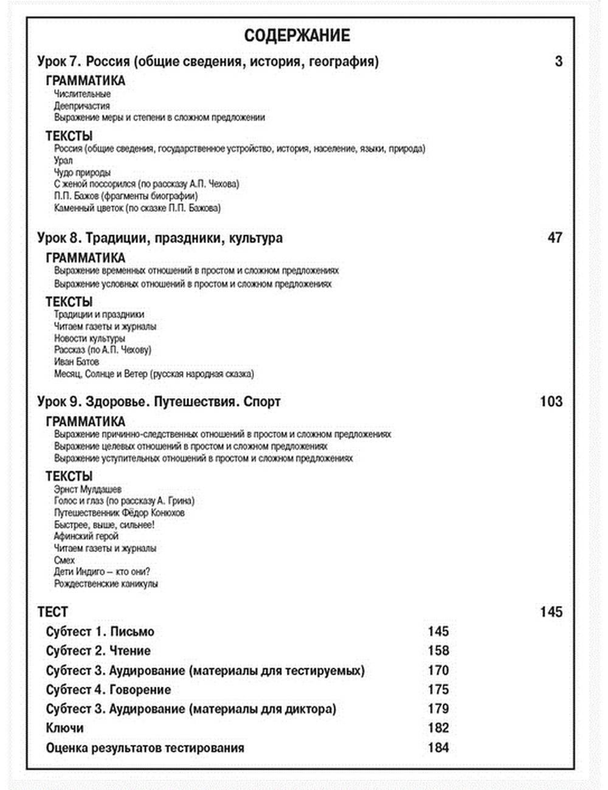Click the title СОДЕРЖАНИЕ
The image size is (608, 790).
[297, 35]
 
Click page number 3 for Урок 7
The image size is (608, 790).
[558, 61]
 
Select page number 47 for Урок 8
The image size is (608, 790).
[554, 238]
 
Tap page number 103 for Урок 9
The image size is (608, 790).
[551, 402]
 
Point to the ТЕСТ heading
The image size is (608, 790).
[52, 612]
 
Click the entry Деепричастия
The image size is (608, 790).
[81, 106]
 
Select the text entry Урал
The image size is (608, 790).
[63, 160]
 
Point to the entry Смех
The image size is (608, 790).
[64, 560]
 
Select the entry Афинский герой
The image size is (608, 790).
[86, 537]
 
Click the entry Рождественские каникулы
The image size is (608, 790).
[106, 583]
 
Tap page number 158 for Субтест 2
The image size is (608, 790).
[438, 651]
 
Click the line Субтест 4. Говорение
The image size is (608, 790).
[108, 690]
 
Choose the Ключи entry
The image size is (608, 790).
[64, 728]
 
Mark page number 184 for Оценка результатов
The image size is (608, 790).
[438, 747]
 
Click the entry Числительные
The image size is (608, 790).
[82, 94]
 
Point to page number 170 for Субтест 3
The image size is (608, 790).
[438, 670]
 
